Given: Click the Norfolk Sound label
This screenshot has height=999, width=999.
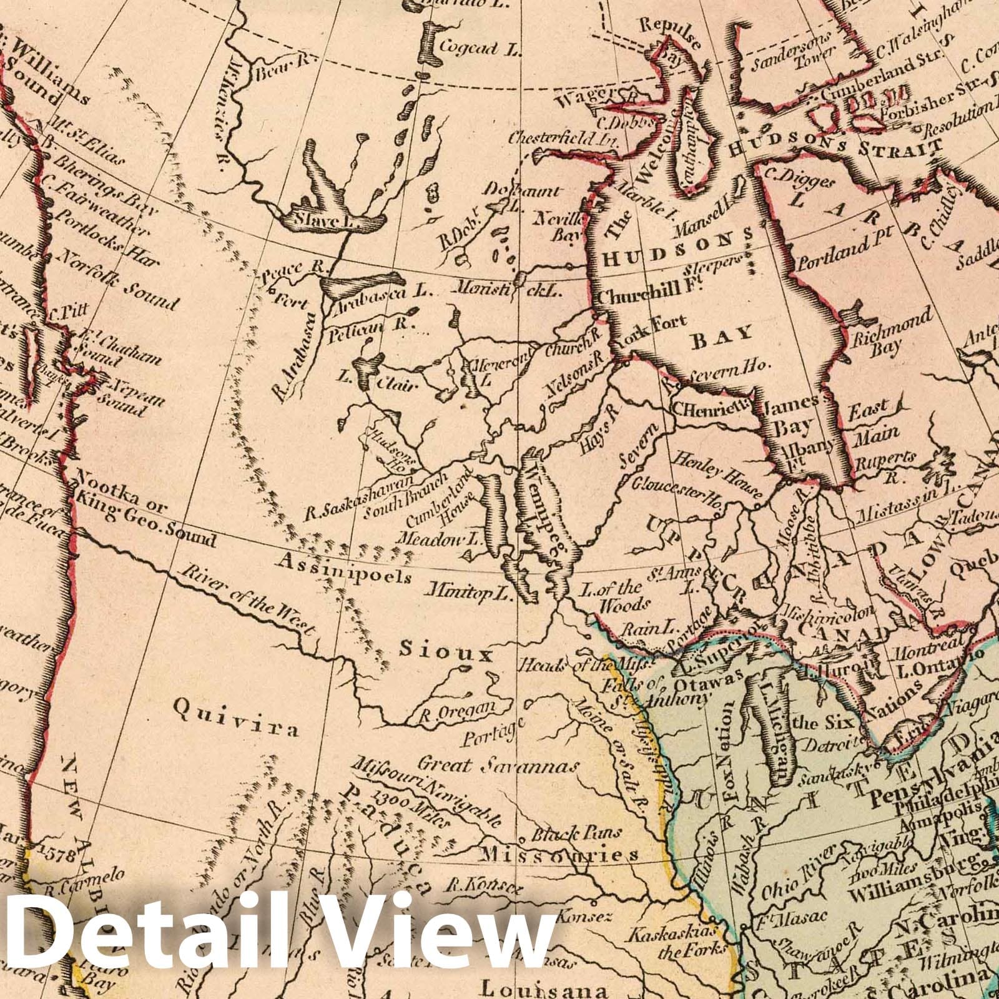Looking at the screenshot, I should point(117,281).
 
